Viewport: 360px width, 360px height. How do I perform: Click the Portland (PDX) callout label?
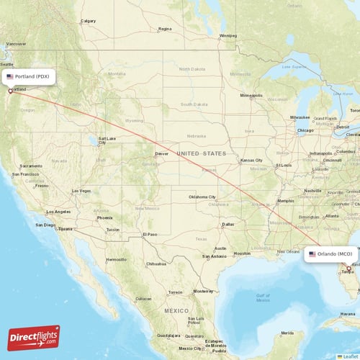[28, 76]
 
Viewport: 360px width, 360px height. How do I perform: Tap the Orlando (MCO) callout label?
[330, 254]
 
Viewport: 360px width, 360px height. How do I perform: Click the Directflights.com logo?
[34, 337]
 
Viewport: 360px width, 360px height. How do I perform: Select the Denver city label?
[162, 153]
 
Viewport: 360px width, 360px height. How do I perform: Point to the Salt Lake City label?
[107, 140]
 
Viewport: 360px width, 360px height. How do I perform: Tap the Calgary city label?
[89, 21]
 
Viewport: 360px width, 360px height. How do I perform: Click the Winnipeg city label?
[228, 35]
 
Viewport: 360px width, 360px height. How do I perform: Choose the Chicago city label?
[305, 130]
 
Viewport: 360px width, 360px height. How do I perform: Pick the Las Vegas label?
[81, 191]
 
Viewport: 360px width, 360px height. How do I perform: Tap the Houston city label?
[241, 253]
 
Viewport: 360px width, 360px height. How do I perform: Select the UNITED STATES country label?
[202, 154]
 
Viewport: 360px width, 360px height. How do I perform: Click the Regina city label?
[166, 30]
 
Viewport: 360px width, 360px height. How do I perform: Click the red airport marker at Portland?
[10, 91]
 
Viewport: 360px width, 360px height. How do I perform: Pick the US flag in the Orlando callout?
[312, 254]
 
